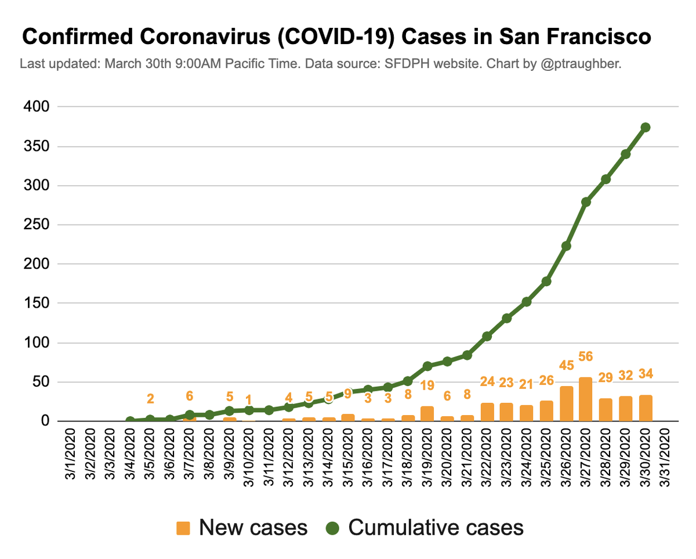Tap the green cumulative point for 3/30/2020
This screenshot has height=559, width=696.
tap(646, 127)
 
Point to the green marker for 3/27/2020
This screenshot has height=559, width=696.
tap(586, 202)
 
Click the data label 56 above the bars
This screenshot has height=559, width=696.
tap(586, 356)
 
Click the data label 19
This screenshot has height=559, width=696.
tap(427, 385)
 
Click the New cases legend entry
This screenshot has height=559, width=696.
tap(242, 527)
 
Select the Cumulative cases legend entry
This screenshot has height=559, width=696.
tap(424, 527)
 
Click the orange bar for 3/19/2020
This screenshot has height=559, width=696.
tap(427, 413)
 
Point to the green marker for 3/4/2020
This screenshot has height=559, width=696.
tap(130, 420)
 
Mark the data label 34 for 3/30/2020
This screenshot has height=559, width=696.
tap(646, 374)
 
